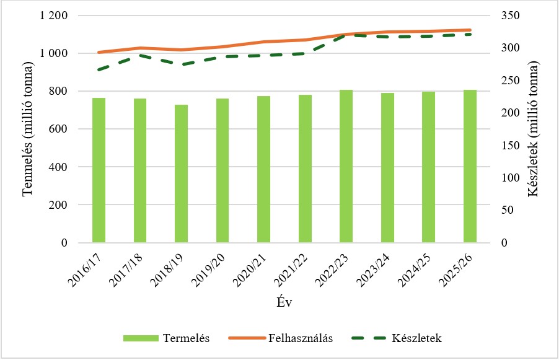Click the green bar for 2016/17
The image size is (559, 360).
point(99,170)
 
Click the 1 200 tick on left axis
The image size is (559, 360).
point(55,15)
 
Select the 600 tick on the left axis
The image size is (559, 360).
point(60,129)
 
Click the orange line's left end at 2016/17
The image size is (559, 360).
point(99,53)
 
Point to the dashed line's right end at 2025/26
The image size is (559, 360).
point(470,34)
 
